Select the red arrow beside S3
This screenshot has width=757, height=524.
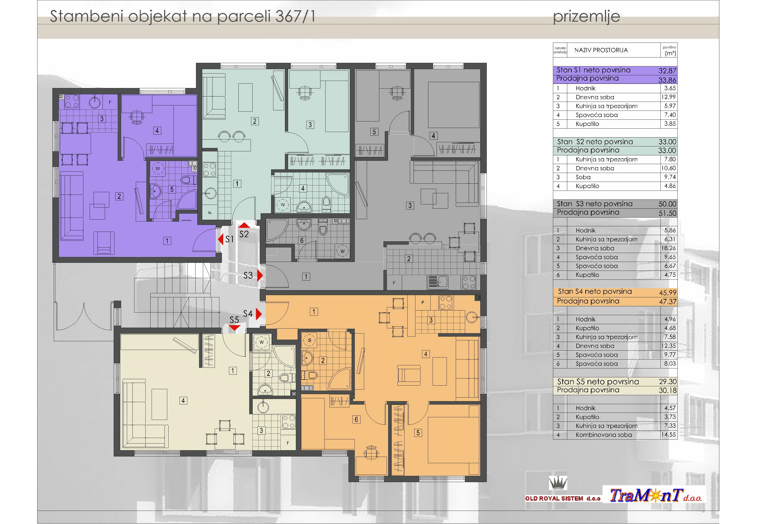pyautogui.click(x=260, y=275)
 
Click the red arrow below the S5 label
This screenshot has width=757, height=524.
pyautogui.click(x=234, y=328)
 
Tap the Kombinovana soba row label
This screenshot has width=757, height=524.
pyautogui.click(x=604, y=435)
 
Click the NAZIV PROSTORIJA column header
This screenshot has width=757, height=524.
pyautogui.click(x=601, y=50)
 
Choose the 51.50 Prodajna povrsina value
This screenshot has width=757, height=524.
pyautogui.click(x=667, y=213)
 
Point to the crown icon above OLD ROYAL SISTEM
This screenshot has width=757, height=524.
pyautogui.click(x=558, y=483)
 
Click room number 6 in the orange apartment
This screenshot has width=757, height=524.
pyautogui.click(x=356, y=419)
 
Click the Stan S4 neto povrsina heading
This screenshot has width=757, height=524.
pyautogui.click(x=595, y=292)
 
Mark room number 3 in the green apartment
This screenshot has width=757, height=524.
pyautogui.click(x=310, y=125)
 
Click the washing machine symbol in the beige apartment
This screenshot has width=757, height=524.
pyautogui.click(x=262, y=342)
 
